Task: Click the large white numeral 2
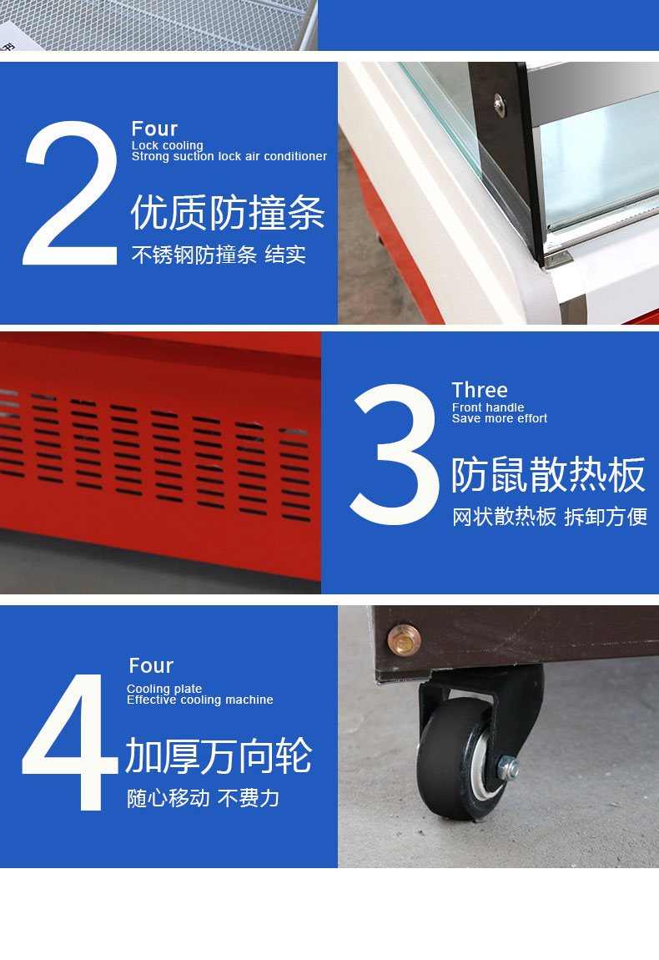(x=70, y=193)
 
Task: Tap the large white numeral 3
(x=395, y=453)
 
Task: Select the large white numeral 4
(x=70, y=741)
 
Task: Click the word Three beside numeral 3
(x=480, y=390)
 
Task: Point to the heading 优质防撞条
(x=228, y=213)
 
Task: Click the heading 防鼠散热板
(x=548, y=475)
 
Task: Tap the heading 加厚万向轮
(x=219, y=755)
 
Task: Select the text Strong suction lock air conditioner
(x=229, y=156)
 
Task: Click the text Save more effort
(x=500, y=418)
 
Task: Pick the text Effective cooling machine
(x=200, y=700)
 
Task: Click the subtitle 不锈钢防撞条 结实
(x=219, y=255)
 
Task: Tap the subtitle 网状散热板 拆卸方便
(x=550, y=517)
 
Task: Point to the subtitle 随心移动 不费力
(x=204, y=798)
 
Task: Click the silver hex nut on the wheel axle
(x=508, y=768)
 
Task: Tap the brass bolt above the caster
(x=404, y=639)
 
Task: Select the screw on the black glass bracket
(x=500, y=105)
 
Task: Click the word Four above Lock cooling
(x=154, y=129)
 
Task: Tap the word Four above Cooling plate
(x=151, y=665)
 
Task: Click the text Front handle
(x=488, y=407)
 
